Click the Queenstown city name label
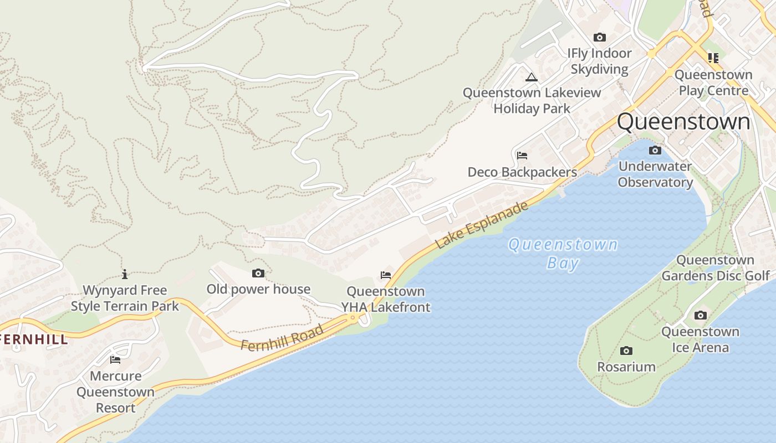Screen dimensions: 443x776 [683, 122]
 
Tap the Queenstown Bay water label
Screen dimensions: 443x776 [563, 253]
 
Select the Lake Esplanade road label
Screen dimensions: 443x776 [482, 225]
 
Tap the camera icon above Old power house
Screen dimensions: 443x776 [258, 273]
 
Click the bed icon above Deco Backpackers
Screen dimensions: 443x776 [522, 156]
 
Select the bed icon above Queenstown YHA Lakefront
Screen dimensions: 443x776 [386, 275]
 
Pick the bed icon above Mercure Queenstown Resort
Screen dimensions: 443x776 [115, 360]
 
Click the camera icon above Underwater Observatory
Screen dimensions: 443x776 [655, 151]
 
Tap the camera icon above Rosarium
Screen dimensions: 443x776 [626, 351]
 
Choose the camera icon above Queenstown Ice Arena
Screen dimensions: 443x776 [701, 316]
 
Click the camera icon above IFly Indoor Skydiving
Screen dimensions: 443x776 [600, 38]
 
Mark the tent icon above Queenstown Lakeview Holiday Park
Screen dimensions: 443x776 [532, 77]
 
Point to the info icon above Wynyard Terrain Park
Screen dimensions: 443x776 [125, 274]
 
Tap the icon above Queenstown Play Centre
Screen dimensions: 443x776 [713, 58]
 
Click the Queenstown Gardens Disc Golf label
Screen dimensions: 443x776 [716, 267]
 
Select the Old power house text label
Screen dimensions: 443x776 [258, 289]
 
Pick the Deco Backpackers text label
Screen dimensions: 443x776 [522, 172]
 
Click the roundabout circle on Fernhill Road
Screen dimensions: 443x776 [353, 317]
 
